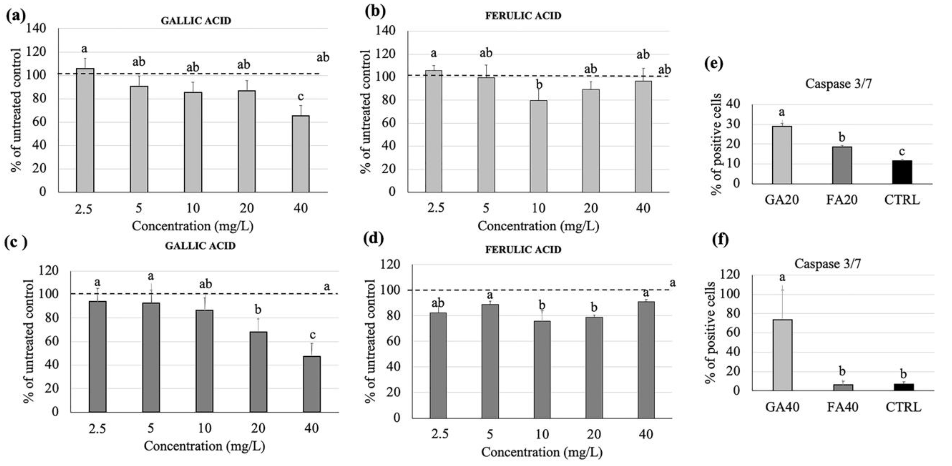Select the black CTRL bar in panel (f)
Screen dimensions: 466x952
coord(903,387)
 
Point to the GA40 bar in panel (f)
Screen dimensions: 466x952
coord(782,355)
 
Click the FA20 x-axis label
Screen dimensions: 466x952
coord(842,200)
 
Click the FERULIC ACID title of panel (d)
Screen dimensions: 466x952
coord(523,250)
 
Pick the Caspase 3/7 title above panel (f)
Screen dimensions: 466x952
coord(827,264)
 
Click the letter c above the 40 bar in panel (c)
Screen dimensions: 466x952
coord(312,335)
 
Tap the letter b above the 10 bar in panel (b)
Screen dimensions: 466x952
coord(539,85)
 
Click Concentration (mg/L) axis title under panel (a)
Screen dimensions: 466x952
coord(192,226)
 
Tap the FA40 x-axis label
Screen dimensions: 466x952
coord(842,407)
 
